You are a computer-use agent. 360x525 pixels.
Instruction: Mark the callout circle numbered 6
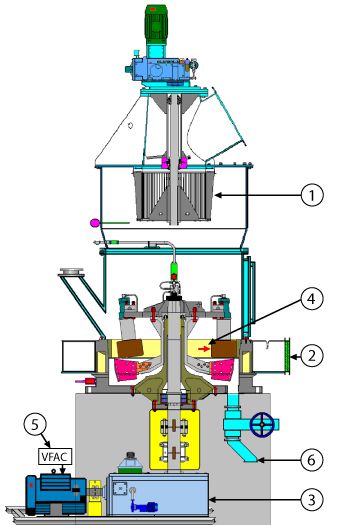[x=312, y=461]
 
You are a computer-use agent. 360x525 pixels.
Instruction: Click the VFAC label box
[x=53, y=456]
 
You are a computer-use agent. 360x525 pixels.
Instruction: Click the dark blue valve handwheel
[x=262, y=424]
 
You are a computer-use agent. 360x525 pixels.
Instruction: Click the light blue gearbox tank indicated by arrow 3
[x=160, y=494]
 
